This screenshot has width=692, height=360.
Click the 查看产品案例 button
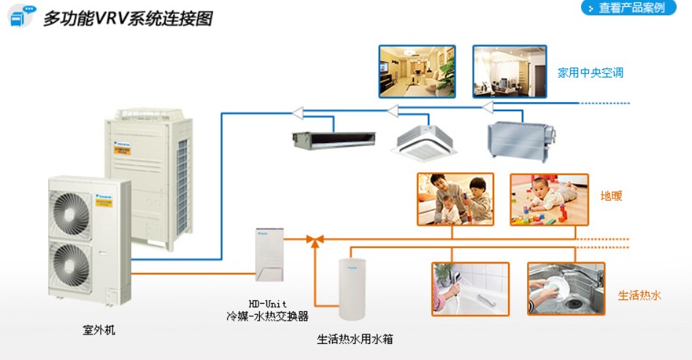[x=628, y=8]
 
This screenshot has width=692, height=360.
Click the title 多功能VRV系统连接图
[x=128, y=18]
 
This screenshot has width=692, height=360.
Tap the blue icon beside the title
[x=21, y=16]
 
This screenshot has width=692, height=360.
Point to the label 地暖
[x=611, y=196]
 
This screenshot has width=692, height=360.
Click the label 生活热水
[x=639, y=296]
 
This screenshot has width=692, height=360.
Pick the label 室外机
[x=99, y=330]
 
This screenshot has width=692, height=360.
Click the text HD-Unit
[x=267, y=303]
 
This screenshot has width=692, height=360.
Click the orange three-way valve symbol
[x=315, y=239]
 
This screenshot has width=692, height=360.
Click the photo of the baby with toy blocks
[x=549, y=199]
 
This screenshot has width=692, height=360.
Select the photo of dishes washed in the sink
[x=566, y=288]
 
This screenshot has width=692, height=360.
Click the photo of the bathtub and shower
[x=470, y=288]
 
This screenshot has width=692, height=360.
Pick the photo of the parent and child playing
[x=455, y=199]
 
